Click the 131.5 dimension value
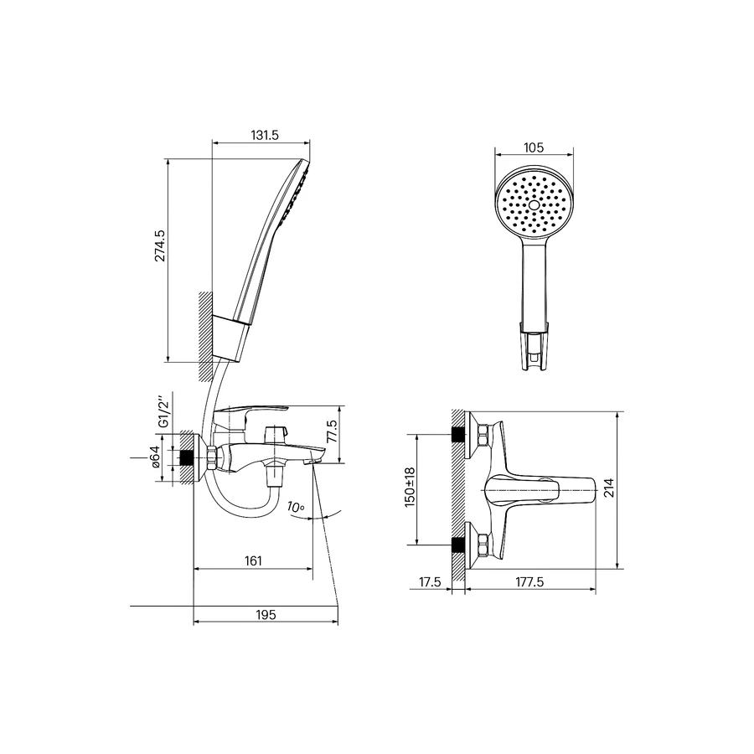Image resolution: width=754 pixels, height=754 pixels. (265, 135)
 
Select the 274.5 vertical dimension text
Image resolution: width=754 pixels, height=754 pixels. (160, 245)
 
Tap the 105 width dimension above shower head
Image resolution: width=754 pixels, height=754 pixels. (534, 147)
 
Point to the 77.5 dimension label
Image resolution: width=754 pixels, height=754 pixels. (331, 431)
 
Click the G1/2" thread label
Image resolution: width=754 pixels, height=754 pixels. (163, 412)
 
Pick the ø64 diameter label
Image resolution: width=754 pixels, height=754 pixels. (155, 457)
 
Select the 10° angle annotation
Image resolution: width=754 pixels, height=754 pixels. (296, 507)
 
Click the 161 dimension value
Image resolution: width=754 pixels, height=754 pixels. (253, 560)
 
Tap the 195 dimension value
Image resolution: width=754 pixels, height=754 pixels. (266, 615)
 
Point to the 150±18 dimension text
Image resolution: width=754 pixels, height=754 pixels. (410, 488)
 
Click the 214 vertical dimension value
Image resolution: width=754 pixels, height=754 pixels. (609, 488)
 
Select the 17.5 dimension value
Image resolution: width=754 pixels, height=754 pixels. (430, 582)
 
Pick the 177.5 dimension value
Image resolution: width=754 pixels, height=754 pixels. (530, 582)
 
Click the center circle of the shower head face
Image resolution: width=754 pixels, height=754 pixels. (534, 205)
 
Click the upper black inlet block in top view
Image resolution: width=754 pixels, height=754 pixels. (459, 434)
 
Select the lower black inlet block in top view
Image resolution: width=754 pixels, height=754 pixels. (459, 545)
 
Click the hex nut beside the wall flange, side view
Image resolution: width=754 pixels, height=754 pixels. (212, 457)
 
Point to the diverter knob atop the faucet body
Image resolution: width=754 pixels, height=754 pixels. (276, 431)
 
